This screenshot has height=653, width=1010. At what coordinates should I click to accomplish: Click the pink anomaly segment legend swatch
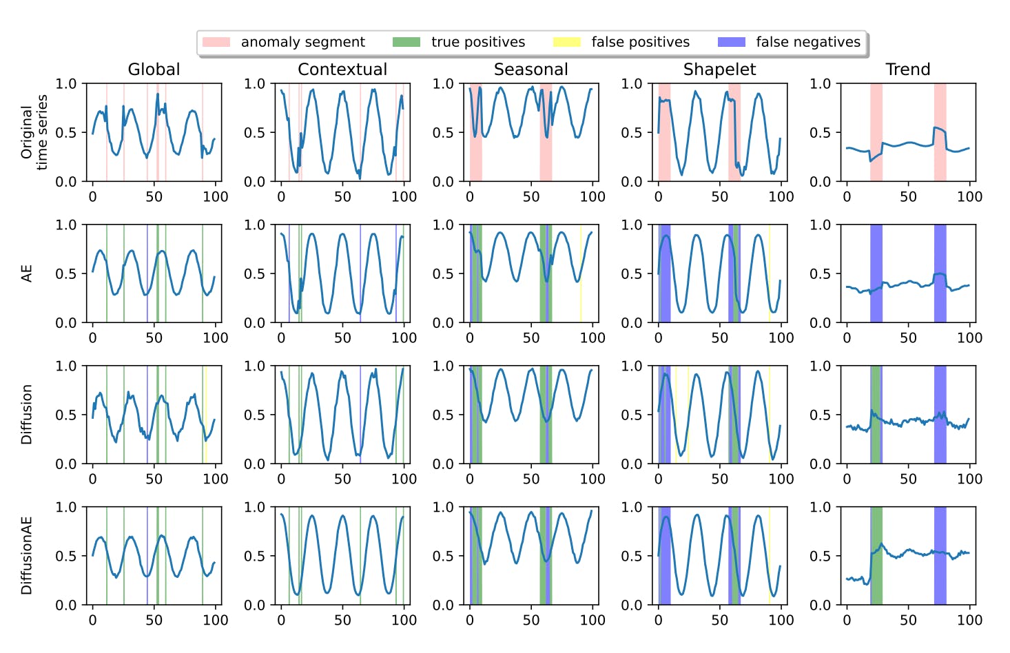(x=216, y=42)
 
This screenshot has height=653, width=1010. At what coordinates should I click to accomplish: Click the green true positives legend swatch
(x=406, y=42)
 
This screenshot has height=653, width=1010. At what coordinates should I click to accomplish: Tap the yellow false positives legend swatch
(x=566, y=42)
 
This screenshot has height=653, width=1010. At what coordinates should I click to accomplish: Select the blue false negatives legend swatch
(x=731, y=42)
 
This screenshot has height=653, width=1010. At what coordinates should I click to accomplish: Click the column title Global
(x=154, y=70)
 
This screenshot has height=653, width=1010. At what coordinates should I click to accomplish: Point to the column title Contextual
(x=342, y=70)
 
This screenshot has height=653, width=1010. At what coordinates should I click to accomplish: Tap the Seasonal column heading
(x=530, y=70)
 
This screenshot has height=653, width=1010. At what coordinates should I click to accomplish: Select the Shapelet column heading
(x=719, y=70)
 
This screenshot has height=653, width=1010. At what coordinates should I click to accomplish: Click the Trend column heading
(x=907, y=70)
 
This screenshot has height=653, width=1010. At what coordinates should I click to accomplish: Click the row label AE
(x=27, y=273)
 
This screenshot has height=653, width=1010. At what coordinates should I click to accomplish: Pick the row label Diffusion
(x=27, y=415)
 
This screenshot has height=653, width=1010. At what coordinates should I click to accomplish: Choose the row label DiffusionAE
(x=27, y=556)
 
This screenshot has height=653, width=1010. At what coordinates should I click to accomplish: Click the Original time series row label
(x=34, y=132)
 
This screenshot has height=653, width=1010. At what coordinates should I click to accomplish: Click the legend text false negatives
(x=807, y=42)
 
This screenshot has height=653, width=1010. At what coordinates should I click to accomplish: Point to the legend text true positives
(x=477, y=42)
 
